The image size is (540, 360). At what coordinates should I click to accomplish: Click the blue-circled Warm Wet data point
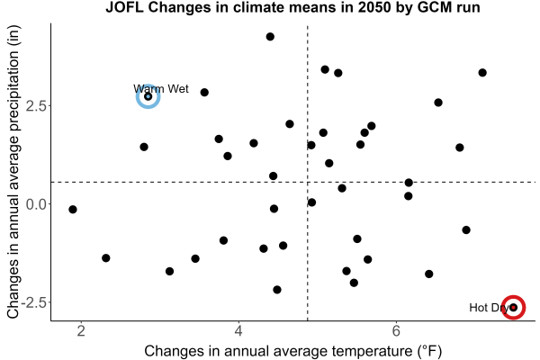pyautogui.click(x=148, y=96)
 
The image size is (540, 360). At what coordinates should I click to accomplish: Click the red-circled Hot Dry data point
pyautogui.click(x=514, y=307)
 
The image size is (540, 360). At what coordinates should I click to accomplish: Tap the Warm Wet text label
pyautogui.click(x=161, y=89)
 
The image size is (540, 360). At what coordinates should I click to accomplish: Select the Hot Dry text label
pyautogui.click(x=489, y=308)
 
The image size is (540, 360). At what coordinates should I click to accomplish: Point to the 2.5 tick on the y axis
pyautogui.click(x=36, y=106)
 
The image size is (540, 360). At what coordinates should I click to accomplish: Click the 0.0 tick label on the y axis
pyautogui.click(x=36, y=204)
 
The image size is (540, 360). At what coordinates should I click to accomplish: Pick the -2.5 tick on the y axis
pyautogui.click(x=34, y=302)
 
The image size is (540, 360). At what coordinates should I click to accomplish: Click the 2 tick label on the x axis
pyautogui.click(x=81, y=331)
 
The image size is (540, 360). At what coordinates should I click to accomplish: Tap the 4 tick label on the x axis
pyautogui.click(x=238, y=331)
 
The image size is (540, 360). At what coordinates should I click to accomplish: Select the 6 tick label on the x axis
pyautogui.click(x=396, y=331)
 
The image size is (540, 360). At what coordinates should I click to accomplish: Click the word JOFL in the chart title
pyautogui.click(x=125, y=7)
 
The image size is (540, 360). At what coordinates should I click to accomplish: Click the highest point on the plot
pyautogui.click(x=270, y=37)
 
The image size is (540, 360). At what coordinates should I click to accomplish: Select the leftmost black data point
pyautogui.click(x=72, y=209)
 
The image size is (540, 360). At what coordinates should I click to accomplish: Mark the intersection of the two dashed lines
pyautogui.click(x=307, y=182)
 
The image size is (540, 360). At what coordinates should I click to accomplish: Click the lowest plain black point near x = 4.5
pyautogui.click(x=277, y=290)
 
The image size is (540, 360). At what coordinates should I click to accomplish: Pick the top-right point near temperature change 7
pyautogui.click(x=482, y=73)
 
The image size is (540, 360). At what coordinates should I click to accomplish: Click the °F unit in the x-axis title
pyautogui.click(x=430, y=351)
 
